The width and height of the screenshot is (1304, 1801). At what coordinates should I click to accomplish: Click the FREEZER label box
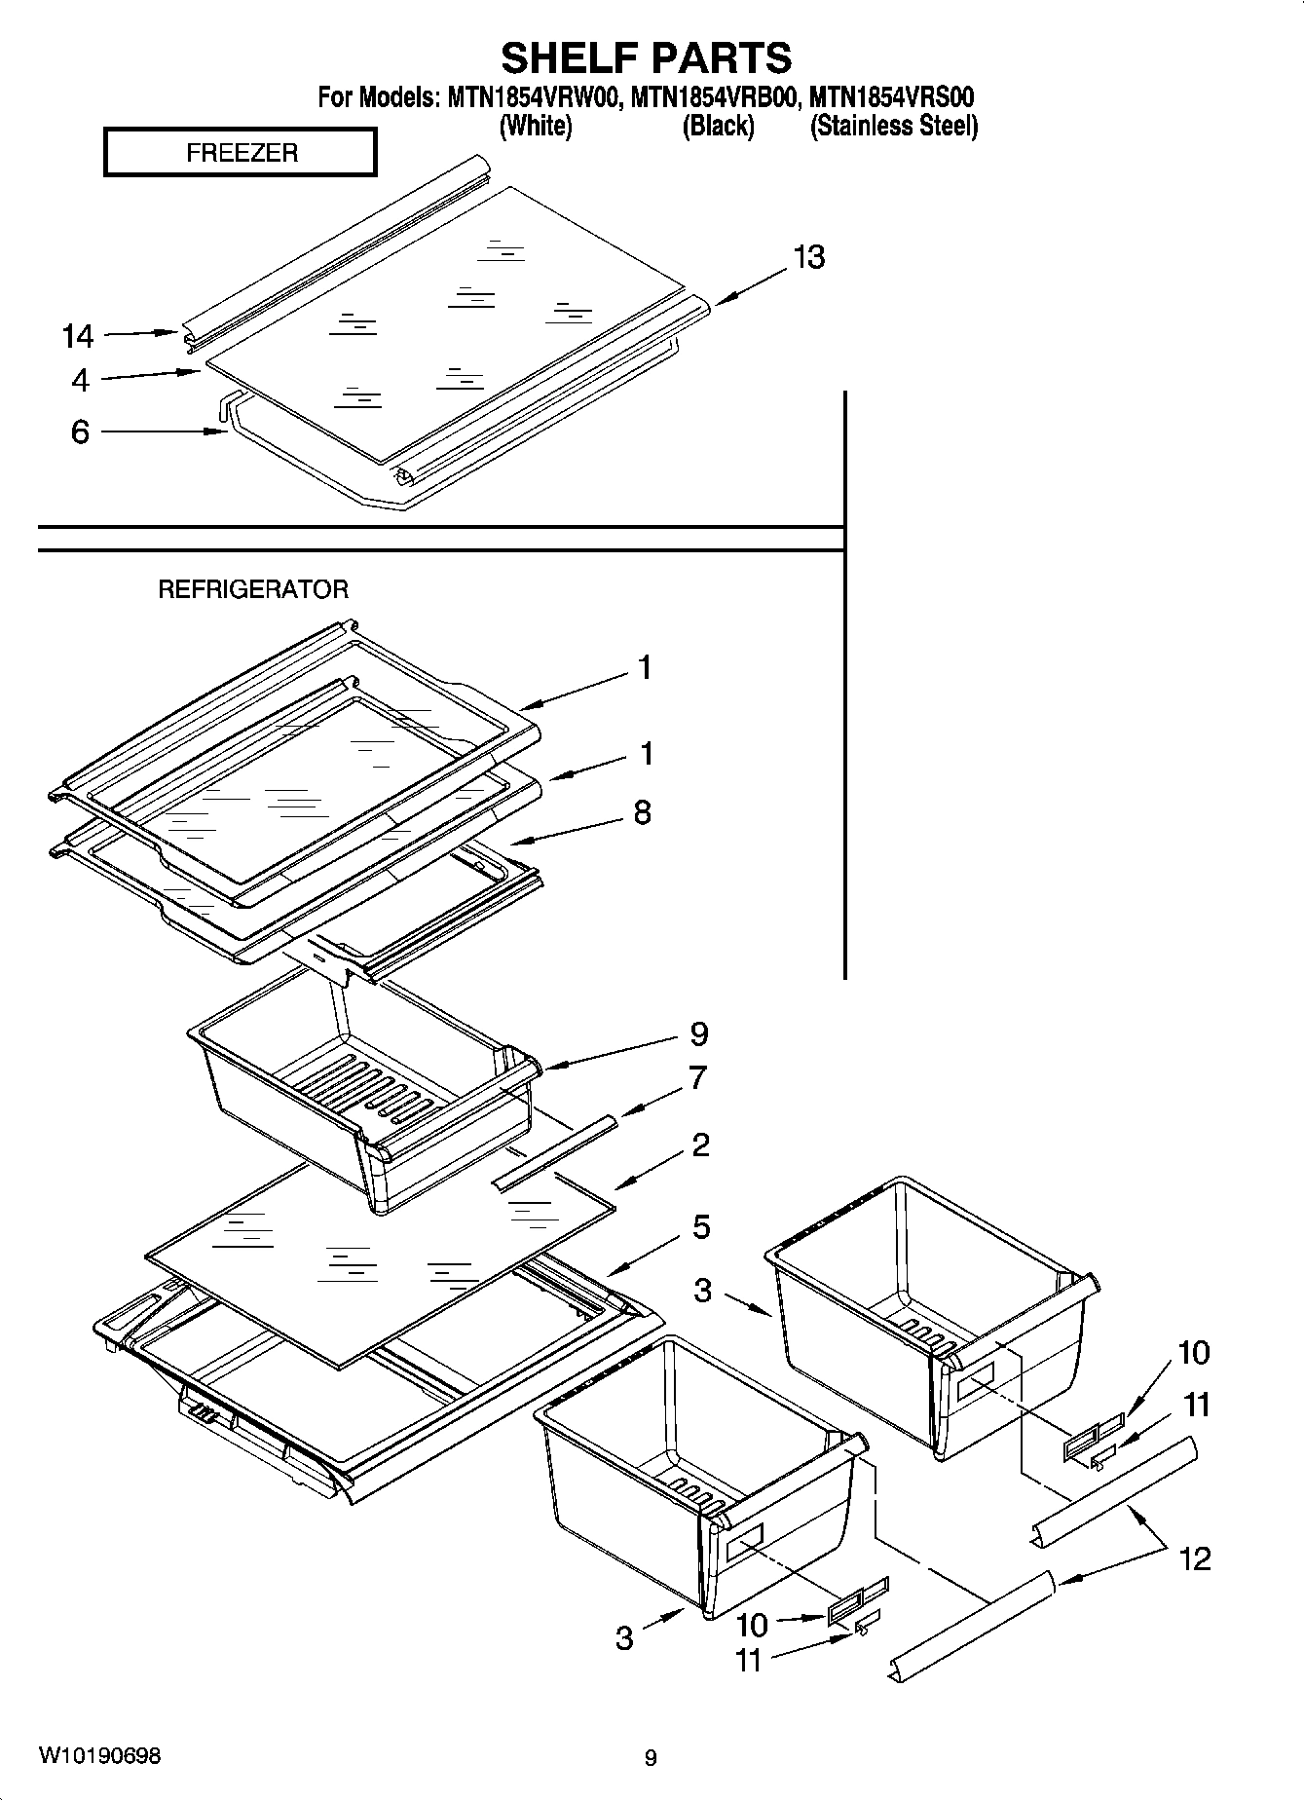coord(241,153)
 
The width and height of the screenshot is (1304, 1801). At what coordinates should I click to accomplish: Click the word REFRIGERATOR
coord(252,589)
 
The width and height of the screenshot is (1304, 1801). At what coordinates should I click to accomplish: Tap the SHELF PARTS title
coord(646,58)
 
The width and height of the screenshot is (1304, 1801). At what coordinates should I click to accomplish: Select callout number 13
coord(808,257)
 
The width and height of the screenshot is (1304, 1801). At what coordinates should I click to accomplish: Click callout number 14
coord(78,337)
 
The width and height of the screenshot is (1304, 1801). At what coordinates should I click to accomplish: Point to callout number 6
coord(80,431)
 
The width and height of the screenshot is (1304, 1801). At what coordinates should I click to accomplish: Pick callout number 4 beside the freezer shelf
coord(80,381)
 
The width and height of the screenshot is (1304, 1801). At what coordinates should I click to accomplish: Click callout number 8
coord(642,812)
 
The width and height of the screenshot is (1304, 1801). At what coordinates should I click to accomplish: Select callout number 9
coord(698,1033)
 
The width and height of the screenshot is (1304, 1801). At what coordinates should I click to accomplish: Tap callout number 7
coord(697,1079)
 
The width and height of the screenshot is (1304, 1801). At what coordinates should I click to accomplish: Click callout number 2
coord(700,1144)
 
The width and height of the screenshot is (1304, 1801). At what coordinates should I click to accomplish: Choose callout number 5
coord(701,1227)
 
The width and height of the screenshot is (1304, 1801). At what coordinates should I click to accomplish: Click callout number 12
coord(1195,1558)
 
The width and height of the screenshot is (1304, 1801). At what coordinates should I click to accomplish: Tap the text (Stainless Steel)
coord(893,126)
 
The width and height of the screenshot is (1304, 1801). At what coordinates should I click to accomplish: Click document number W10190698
coord(100,1756)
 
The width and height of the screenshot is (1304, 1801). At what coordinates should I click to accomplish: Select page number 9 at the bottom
coord(651,1758)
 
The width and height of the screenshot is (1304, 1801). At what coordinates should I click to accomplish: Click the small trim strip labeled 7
coord(556,1152)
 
